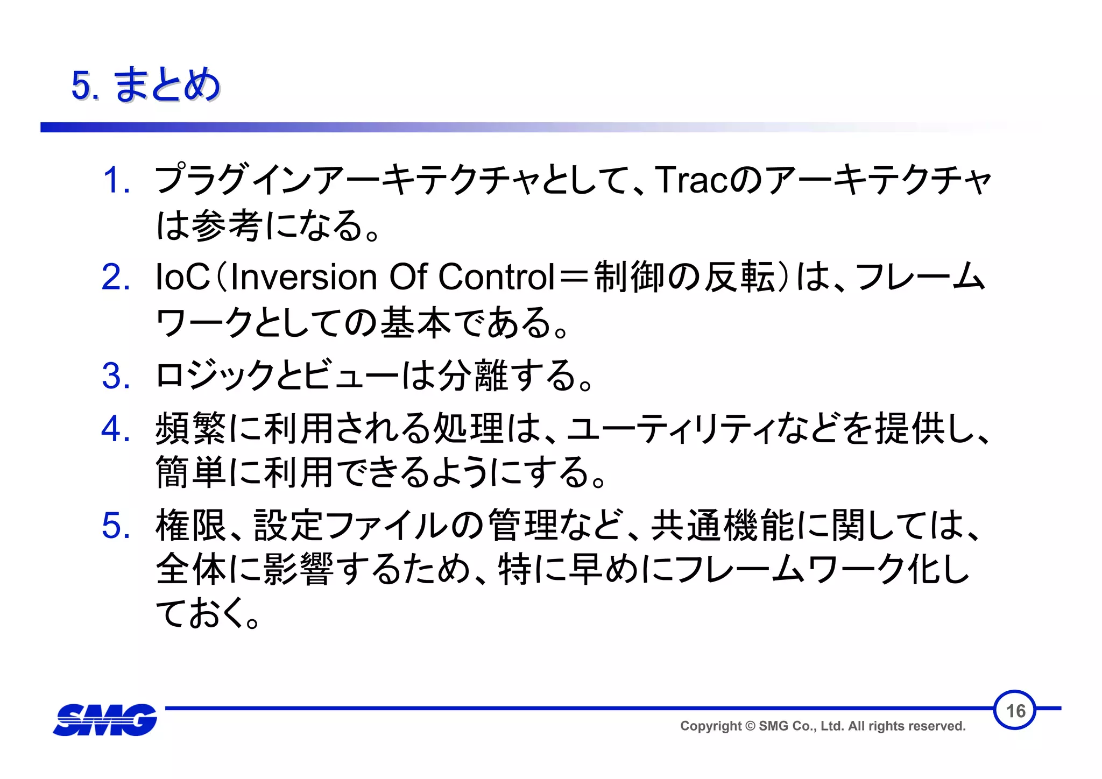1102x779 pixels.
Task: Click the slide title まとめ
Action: pyautogui.click(x=167, y=85)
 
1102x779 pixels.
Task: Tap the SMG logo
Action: pyautogui.click(x=105, y=719)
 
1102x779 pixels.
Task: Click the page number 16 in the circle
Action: pyautogui.click(x=1015, y=711)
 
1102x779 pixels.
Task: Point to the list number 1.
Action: pyautogui.click(x=116, y=180)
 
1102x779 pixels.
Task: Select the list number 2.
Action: pyautogui.click(x=116, y=278)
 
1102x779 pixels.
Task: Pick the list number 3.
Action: pyautogui.click(x=116, y=376)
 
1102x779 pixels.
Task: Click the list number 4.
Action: pyautogui.click(x=116, y=429)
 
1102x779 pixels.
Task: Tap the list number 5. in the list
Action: pyautogui.click(x=116, y=526)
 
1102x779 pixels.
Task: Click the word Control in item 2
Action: pyautogui.click(x=496, y=278)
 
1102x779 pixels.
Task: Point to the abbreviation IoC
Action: pyautogui.click(x=182, y=278)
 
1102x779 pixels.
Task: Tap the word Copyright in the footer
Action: pyautogui.click(x=710, y=726)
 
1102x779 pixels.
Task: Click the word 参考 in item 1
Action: pyautogui.click(x=226, y=225)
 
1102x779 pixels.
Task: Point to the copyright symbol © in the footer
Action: pyautogui.click(x=750, y=726)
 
